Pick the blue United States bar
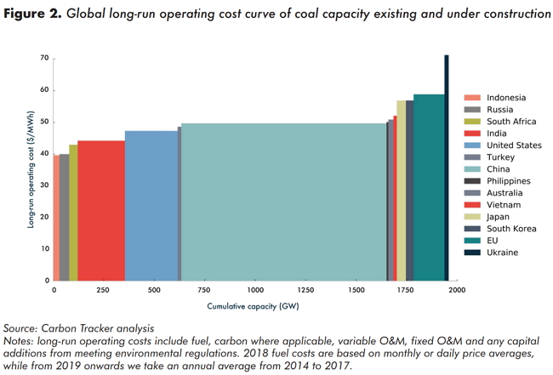pos(151,206)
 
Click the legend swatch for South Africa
pos(472,122)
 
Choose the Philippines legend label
pos(509,181)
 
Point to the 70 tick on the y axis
pos(43,58)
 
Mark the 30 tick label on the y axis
pos(43,185)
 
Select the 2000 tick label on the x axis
pos(456,290)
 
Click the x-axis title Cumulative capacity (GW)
pos(253,306)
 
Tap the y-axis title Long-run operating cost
pos(31,168)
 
